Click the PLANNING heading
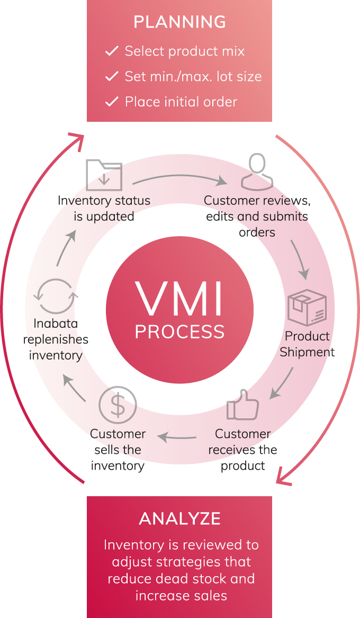click(179, 22)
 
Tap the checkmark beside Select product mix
click(112, 51)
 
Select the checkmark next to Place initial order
click(112, 102)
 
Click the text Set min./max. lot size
click(193, 76)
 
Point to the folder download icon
click(104, 174)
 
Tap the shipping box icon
click(307, 308)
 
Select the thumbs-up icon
click(243, 405)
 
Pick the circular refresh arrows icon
click(56, 297)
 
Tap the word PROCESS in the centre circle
click(179, 332)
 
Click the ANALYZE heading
click(179, 519)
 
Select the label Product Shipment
click(307, 344)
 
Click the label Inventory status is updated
click(104, 209)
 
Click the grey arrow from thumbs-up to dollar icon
click(178, 437)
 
